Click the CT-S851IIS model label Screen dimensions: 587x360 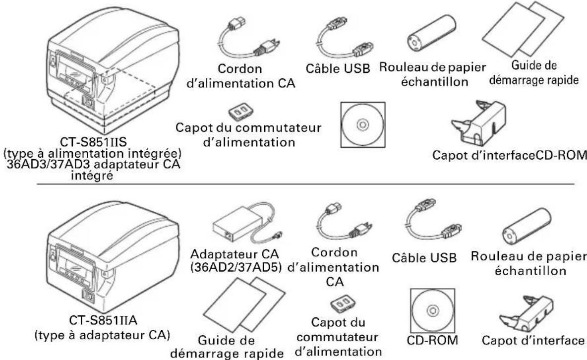pyautogui.click(x=94, y=142)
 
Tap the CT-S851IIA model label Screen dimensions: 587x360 pyautogui.click(x=103, y=321)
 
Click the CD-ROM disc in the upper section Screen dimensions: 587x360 pyautogui.click(x=363, y=125)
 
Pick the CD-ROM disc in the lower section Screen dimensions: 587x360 pyautogui.click(x=432, y=310)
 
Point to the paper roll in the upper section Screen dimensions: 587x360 pyautogui.click(x=431, y=33)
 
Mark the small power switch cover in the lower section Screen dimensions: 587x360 pyautogui.click(x=343, y=304)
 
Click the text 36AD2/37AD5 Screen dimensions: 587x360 pyautogui.click(x=236, y=268)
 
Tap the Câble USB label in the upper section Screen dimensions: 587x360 pyautogui.click(x=338, y=68)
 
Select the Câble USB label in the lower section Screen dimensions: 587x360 pyautogui.click(x=424, y=258)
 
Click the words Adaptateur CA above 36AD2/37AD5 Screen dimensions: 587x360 pyautogui.click(x=235, y=254)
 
